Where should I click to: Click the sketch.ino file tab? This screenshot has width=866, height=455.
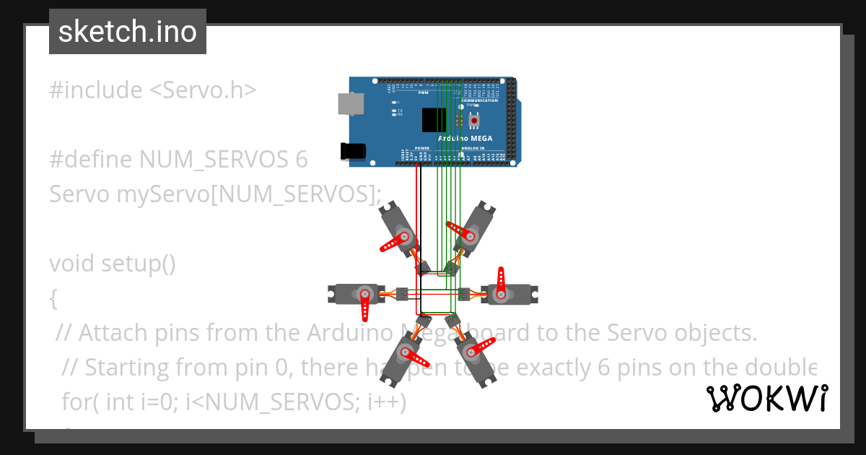128,32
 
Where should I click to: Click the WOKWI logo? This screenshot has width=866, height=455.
766,398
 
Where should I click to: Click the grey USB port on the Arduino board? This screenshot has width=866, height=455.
352,104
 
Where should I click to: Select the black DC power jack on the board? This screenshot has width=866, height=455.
351,151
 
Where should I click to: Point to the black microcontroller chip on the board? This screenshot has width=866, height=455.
433,119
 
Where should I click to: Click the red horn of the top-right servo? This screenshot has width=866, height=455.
462,232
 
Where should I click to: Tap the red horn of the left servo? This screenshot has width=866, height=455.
365,306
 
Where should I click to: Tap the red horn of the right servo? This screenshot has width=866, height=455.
502,282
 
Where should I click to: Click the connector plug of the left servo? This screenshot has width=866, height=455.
402,293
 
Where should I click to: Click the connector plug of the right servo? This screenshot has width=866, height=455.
463,293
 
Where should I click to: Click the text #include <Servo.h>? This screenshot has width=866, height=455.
152,90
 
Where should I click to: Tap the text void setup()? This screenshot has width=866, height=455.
113,264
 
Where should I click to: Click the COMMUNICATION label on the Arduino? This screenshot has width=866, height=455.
479,100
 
